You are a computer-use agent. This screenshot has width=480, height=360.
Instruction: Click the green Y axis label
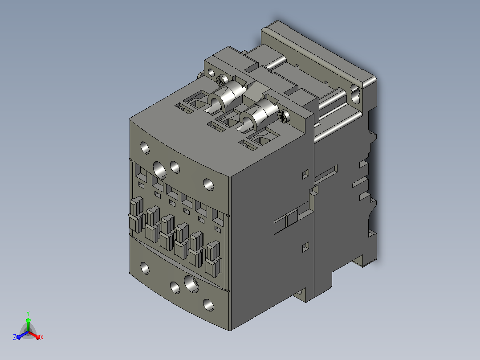tap(28, 313)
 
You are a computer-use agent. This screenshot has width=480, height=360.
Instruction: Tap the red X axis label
tap(42, 337)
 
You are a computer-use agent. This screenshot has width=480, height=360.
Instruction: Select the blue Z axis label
tap(15, 337)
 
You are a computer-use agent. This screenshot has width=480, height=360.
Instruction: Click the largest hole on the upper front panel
tap(159, 170)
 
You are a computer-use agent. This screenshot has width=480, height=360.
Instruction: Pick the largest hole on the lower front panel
tap(191, 284)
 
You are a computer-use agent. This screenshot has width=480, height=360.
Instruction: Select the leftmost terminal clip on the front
tap(137, 215)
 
